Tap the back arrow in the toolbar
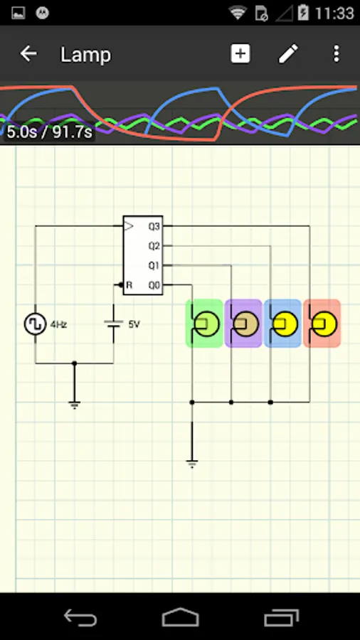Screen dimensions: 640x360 coord(28,54)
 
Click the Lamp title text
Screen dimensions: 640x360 coord(85,55)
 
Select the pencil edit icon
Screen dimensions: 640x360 coord(288,54)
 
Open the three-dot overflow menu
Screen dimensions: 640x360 coord(337,54)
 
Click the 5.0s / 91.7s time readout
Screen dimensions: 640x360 coord(49,132)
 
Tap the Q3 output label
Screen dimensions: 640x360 coord(154,227)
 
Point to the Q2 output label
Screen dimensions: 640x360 coord(154,246)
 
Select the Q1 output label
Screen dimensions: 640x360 coord(154,265)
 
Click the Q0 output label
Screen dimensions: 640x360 coord(154,285)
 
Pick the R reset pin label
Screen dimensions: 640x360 coord(129,285)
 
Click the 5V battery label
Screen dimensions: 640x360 coord(134,324)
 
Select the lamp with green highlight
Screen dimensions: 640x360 coord(205,324)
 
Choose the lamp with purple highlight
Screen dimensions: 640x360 coord(244,324)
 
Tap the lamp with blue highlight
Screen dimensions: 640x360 coord(283,324)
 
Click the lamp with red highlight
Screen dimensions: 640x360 coord(322,324)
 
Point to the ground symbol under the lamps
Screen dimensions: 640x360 coord(191,463)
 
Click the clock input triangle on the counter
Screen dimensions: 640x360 coord(129,226)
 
